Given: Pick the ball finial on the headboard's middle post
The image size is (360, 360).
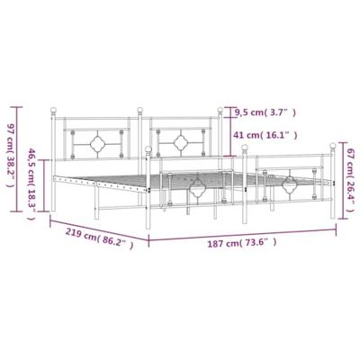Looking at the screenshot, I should point(140,112).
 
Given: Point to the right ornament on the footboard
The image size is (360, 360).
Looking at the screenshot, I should point(290,185).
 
